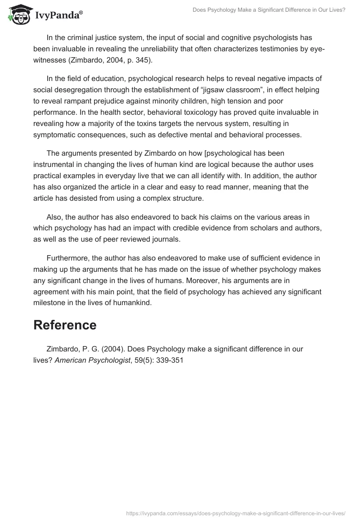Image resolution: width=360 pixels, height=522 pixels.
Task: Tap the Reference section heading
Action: (x=65, y=325)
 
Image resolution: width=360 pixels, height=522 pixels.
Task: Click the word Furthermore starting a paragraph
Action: (x=68, y=258)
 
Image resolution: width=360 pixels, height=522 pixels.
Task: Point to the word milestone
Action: (x=52, y=303)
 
